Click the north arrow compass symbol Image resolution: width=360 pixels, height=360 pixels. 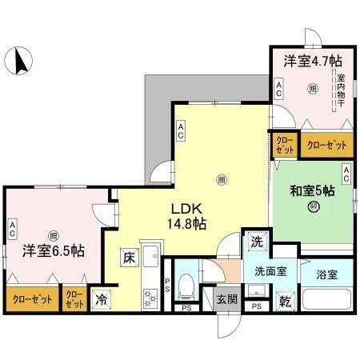19,59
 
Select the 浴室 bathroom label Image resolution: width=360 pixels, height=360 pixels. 326,273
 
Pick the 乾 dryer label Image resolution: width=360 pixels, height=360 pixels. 286,302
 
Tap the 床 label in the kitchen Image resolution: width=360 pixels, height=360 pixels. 129,257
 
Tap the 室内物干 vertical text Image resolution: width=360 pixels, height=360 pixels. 341,90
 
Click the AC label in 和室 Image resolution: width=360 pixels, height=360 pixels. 346,170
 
